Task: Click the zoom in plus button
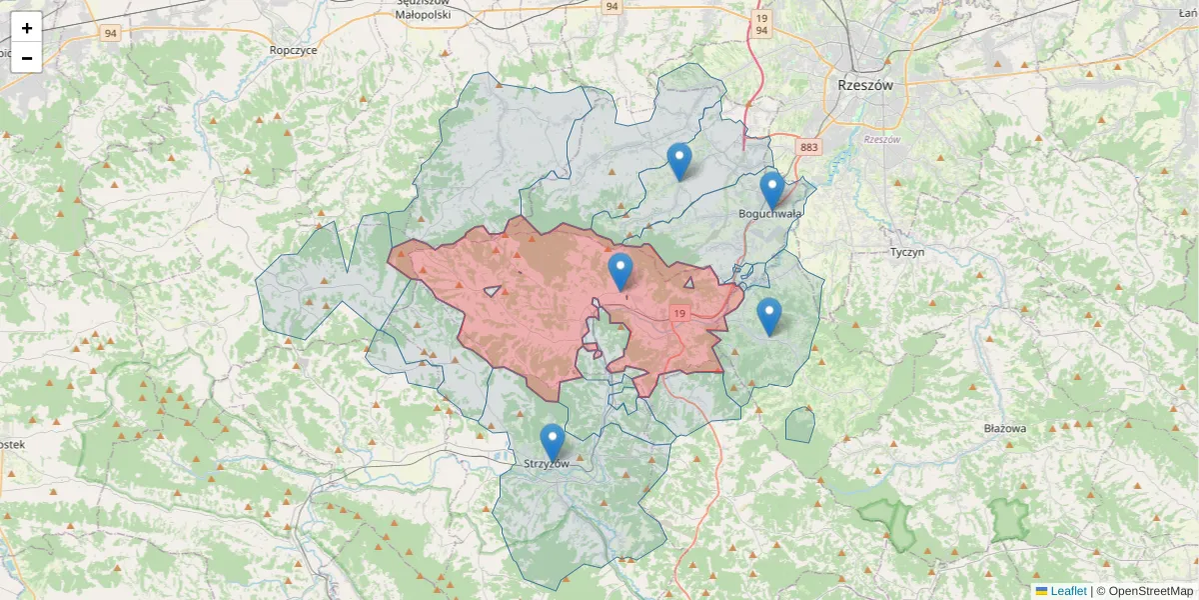point(27,28)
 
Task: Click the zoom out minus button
point(27,58)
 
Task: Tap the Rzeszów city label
point(865,86)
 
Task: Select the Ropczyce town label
point(293,49)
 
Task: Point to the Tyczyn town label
point(906,252)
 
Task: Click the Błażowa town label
point(1004,428)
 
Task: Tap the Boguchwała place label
point(769,213)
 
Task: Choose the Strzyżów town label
point(547,464)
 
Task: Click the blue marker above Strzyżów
point(552,442)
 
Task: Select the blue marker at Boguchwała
point(771,190)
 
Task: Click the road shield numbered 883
point(808,148)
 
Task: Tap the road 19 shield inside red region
point(679,314)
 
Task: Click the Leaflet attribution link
point(1067,591)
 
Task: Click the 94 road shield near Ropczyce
point(110,33)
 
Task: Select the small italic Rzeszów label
point(882,139)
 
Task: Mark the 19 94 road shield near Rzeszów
point(761,24)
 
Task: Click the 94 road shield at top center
point(611,7)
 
